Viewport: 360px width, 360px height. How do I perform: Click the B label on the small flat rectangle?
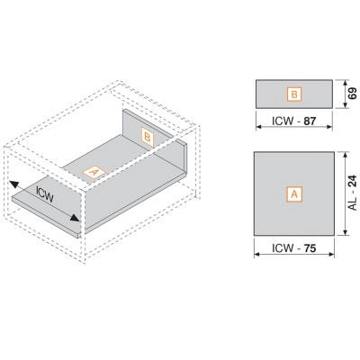[x=294, y=94]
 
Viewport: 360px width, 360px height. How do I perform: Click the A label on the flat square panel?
[x=294, y=194]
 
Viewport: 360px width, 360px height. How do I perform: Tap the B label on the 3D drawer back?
[x=148, y=138]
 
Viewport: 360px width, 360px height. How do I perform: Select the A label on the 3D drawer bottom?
[x=94, y=173]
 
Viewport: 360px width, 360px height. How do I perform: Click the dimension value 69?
[x=353, y=94]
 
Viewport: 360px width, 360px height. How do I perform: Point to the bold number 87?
[x=310, y=121]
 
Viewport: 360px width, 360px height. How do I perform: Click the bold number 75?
[x=310, y=248]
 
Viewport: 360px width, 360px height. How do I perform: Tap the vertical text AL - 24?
[x=353, y=193]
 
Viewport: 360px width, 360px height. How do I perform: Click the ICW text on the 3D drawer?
[x=45, y=194]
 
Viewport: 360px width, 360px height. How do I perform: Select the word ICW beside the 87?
[x=283, y=121]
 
